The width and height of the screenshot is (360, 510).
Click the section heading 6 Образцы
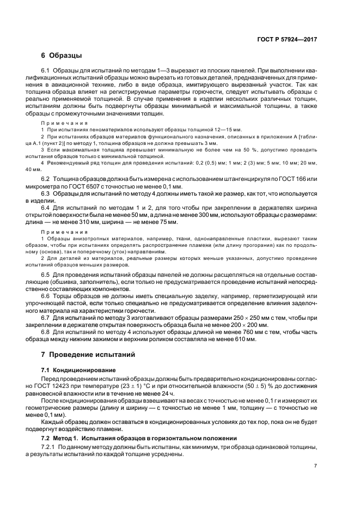[x=62, y=56]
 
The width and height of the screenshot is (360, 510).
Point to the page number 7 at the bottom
[x=315, y=466]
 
